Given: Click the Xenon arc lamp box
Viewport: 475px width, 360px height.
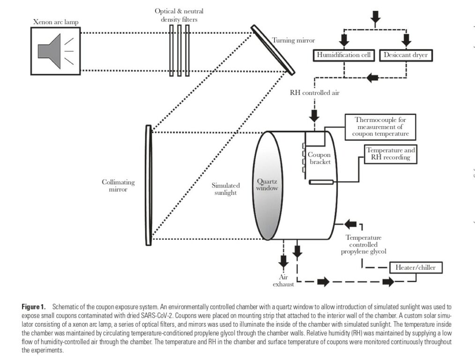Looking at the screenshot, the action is (x=56, y=51).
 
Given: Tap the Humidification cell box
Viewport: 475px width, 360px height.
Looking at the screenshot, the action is (x=343, y=55).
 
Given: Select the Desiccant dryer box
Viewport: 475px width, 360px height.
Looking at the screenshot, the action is (x=406, y=55).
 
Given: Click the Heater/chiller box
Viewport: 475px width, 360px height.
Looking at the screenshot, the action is (x=416, y=268).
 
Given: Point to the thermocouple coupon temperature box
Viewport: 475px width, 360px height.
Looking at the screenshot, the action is (x=380, y=127).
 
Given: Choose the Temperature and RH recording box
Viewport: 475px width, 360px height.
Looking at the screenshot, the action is (x=391, y=154).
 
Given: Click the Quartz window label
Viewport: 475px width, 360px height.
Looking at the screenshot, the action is (x=267, y=185).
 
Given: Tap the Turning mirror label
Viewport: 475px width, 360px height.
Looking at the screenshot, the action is (x=293, y=40).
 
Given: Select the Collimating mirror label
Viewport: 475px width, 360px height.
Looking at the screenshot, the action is (x=118, y=186).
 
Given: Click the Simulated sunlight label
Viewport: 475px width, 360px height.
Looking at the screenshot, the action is (x=226, y=189).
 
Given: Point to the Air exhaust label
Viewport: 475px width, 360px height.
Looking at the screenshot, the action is (x=283, y=281).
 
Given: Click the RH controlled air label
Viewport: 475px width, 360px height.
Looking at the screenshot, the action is (x=314, y=93).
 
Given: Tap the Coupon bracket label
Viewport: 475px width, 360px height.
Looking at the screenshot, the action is (x=319, y=158).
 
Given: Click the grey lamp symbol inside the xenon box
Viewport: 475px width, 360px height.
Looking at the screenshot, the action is (x=49, y=51).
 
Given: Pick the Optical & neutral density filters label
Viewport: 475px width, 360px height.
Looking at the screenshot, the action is (x=179, y=15).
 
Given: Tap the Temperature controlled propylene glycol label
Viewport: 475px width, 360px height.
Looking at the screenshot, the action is (x=364, y=245).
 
